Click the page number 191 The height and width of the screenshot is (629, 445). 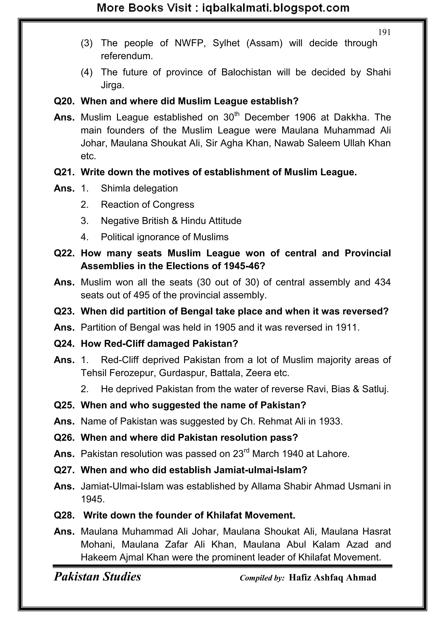tap(384, 33)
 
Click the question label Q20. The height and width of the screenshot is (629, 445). tap(64, 101)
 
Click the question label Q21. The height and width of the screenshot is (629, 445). tap(64, 172)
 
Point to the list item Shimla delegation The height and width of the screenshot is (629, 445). tap(139, 188)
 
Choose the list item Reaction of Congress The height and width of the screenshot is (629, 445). tap(147, 205)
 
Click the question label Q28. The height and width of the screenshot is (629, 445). tap(64, 516)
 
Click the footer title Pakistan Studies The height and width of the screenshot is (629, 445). tap(97, 577)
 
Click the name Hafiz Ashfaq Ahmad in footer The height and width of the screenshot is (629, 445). tap(332, 578)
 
